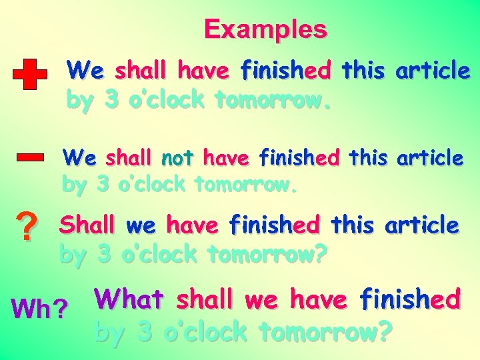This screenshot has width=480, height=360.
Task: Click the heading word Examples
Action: point(265,29)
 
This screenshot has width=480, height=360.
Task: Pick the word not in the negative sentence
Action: point(177,159)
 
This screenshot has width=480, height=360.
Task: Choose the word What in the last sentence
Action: point(129,299)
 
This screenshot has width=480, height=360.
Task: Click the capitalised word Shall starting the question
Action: point(87,225)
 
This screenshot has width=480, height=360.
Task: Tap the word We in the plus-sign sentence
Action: point(85,69)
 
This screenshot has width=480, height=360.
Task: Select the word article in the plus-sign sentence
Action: point(433,69)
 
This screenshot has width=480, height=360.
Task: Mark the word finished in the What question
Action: point(410,299)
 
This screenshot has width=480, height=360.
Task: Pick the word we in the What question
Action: point(261,299)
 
